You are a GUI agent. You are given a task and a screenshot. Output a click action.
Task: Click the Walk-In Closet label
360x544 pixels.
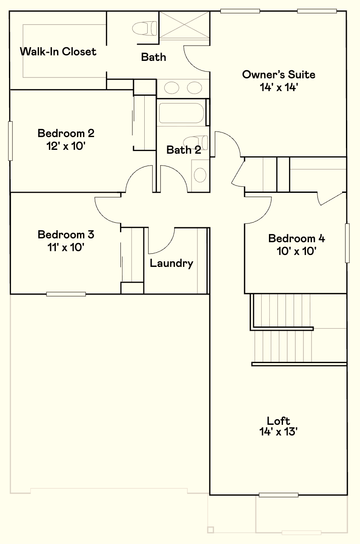pyautogui.click(x=58, y=52)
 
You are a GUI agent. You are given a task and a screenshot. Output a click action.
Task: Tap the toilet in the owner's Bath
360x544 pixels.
pyautogui.click(x=144, y=29)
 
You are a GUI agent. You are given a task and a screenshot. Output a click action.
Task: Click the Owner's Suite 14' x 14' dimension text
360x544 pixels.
pyautogui.click(x=279, y=87)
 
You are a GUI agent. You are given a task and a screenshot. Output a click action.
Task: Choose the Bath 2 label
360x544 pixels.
pyautogui.click(x=183, y=150)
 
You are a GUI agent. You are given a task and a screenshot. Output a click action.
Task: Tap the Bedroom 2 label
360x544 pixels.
pyautogui.click(x=66, y=133)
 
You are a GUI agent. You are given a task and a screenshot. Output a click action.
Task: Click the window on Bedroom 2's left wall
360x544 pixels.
pyautogui.click(x=10, y=140)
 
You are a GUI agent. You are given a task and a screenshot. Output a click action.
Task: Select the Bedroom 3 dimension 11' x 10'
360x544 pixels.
pyautogui.click(x=66, y=247)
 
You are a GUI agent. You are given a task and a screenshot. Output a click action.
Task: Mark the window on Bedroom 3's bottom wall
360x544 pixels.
pyautogui.click(x=66, y=294)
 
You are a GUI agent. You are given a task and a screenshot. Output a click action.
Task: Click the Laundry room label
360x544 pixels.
pyautogui.click(x=171, y=263)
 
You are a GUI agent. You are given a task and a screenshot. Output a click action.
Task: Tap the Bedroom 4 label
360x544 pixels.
pyautogui.click(x=297, y=238)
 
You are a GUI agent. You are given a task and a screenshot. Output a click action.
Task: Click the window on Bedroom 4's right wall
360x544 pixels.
pyautogui.click(x=347, y=243)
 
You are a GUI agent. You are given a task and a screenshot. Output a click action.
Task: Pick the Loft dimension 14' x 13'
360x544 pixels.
pyautogui.click(x=278, y=432)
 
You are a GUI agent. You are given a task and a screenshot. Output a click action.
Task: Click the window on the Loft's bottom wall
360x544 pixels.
pyautogui.click(x=278, y=495)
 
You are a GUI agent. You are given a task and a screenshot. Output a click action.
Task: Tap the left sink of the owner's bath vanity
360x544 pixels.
pyautogui.click(x=172, y=88)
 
